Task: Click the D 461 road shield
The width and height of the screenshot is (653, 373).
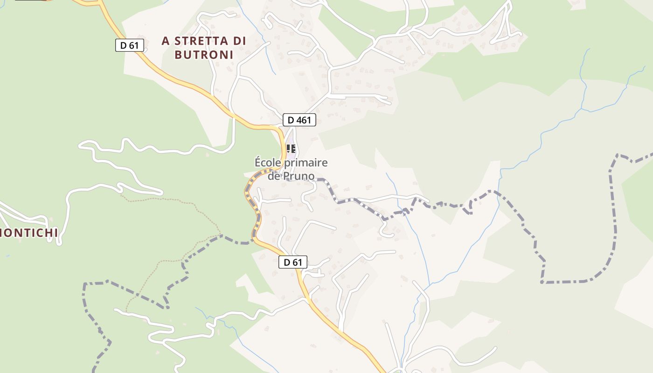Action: (x=299, y=120)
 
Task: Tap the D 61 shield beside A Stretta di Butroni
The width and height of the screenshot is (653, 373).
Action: (x=130, y=45)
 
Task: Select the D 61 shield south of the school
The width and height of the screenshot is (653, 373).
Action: (x=293, y=262)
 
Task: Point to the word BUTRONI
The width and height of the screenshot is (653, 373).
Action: (x=203, y=55)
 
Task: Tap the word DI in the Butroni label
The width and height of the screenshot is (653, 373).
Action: (x=239, y=41)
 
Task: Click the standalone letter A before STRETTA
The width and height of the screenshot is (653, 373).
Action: (x=166, y=41)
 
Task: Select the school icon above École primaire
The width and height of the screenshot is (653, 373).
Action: (x=291, y=149)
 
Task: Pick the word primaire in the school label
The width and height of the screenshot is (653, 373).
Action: (x=306, y=163)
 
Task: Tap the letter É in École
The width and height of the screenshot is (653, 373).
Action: (x=258, y=162)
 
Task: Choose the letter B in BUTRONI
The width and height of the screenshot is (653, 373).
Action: (x=178, y=55)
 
